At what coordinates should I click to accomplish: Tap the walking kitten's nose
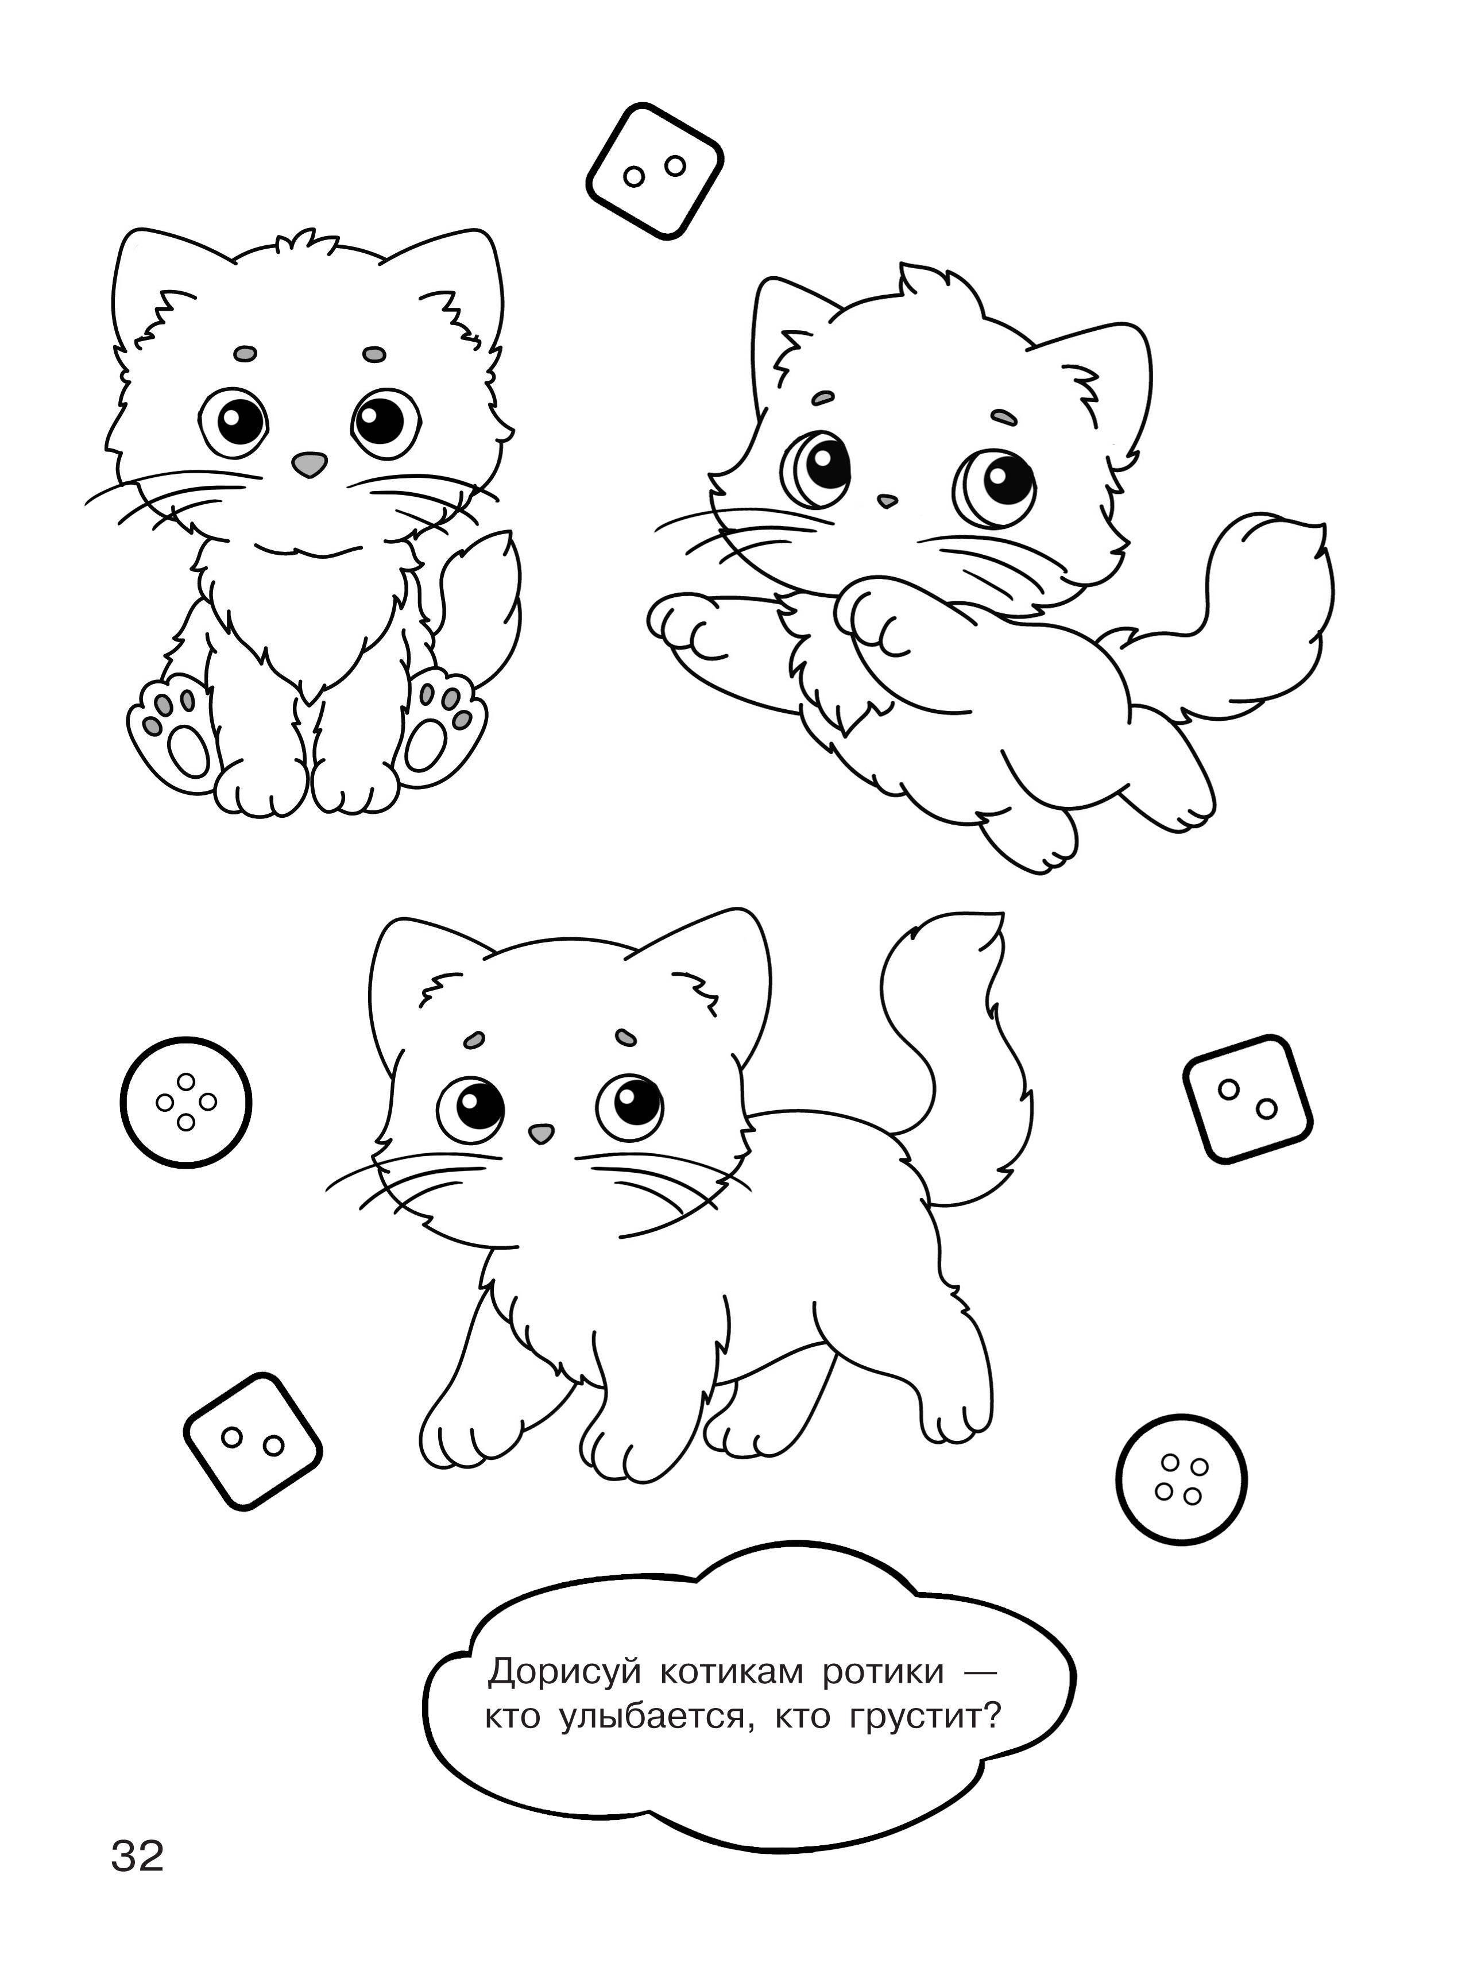click(x=540, y=1130)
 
